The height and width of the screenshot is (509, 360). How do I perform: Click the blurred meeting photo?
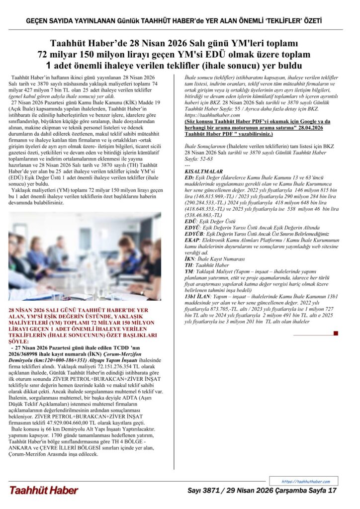coord(85,256)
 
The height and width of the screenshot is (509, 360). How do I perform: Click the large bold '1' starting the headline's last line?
coord(49,65)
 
